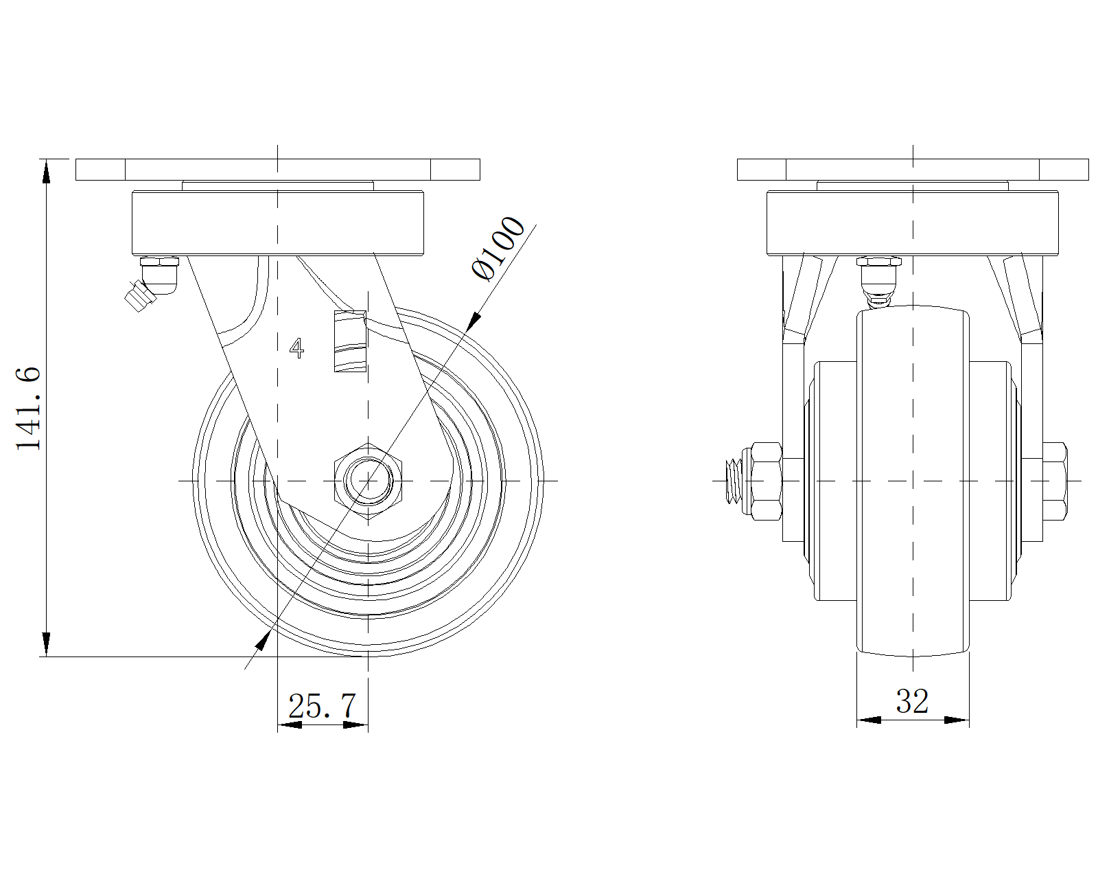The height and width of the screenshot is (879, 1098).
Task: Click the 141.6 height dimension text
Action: click(x=29, y=408)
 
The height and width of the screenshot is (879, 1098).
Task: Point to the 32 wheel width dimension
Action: click(x=912, y=701)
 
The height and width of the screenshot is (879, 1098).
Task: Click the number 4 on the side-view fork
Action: click(x=296, y=348)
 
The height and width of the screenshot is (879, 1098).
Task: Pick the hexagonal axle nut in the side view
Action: click(x=369, y=480)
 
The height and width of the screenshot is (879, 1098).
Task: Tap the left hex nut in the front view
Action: click(x=767, y=480)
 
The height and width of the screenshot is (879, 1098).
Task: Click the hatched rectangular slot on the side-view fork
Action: click(x=349, y=341)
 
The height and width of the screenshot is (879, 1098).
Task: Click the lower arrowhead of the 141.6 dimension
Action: click(x=46, y=645)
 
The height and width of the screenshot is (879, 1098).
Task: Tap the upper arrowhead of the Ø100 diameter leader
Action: click(x=473, y=321)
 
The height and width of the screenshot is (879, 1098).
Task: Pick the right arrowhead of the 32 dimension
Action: click(x=957, y=720)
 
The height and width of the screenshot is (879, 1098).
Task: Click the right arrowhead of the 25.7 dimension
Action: click(x=355, y=724)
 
